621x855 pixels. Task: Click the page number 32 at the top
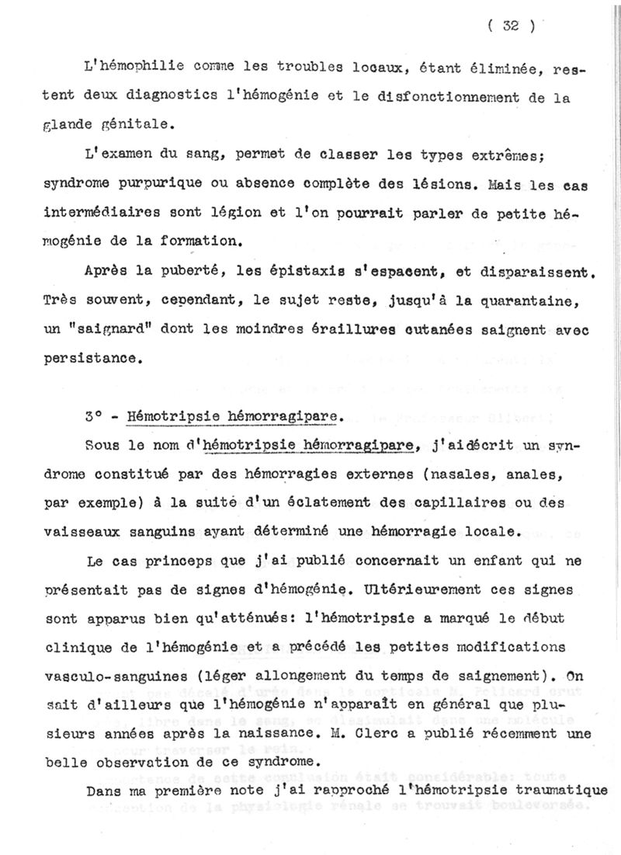[510, 26]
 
